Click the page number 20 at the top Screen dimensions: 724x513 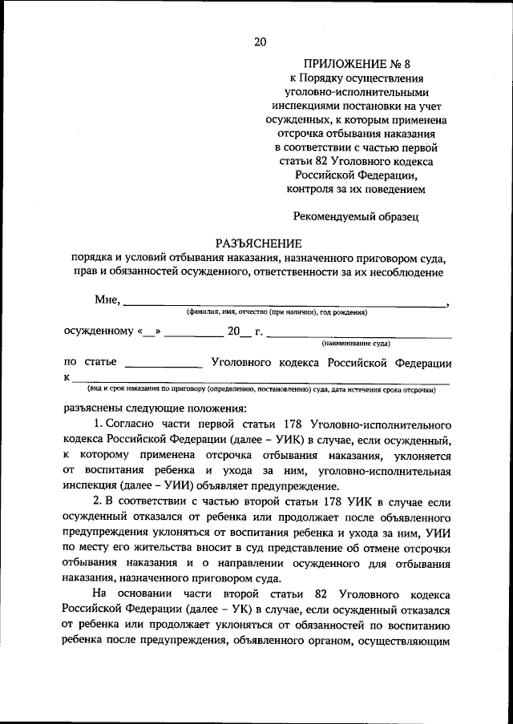pyautogui.click(x=259, y=42)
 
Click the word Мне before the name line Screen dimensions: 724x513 pyautogui.click(x=106, y=300)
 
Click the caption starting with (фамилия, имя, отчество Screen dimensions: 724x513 pyautogui.click(x=277, y=312)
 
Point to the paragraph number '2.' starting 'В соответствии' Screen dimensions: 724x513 pyautogui.click(x=98, y=501)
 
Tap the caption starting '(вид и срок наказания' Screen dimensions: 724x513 pyautogui.click(x=261, y=390)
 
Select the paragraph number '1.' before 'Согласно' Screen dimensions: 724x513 pyautogui.click(x=98, y=424)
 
